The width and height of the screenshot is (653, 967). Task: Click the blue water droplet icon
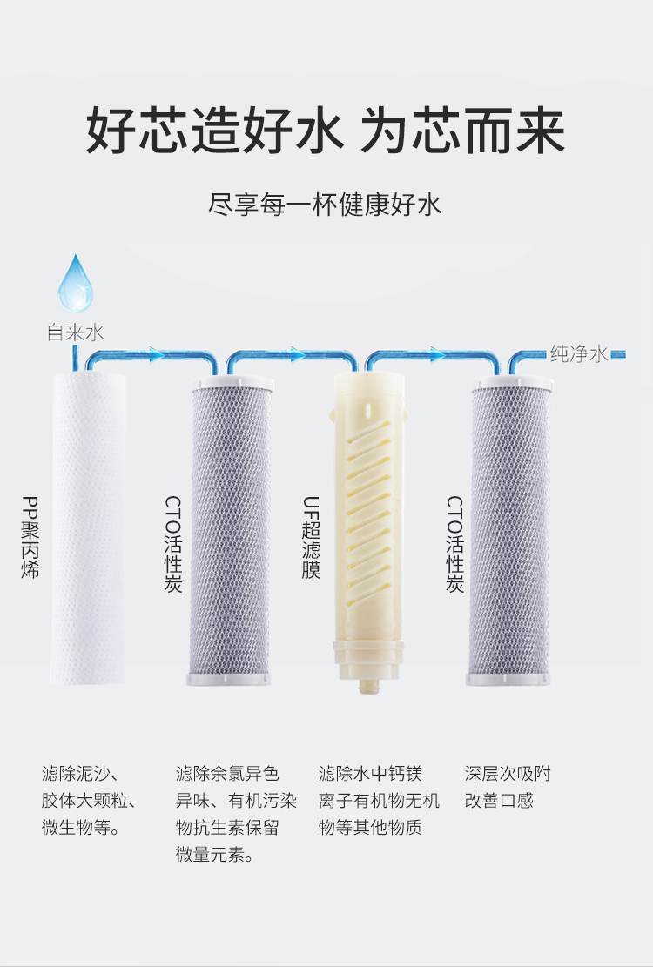(76, 285)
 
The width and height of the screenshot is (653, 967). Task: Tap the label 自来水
(75, 332)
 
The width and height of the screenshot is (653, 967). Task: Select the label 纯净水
(579, 353)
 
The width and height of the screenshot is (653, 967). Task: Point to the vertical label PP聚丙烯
(30, 538)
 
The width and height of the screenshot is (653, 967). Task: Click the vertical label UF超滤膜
(311, 538)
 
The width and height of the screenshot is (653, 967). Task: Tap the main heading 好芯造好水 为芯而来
(326, 132)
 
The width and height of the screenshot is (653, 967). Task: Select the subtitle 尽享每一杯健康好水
(326, 205)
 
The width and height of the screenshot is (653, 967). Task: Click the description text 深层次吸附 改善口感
(508, 787)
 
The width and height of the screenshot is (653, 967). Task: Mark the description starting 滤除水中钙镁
(379, 800)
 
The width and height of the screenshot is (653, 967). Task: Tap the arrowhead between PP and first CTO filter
(157, 354)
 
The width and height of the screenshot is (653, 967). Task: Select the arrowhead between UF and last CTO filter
(436, 354)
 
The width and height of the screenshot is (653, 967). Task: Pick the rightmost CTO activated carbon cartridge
(510, 531)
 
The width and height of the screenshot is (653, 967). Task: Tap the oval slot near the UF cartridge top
(371, 406)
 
